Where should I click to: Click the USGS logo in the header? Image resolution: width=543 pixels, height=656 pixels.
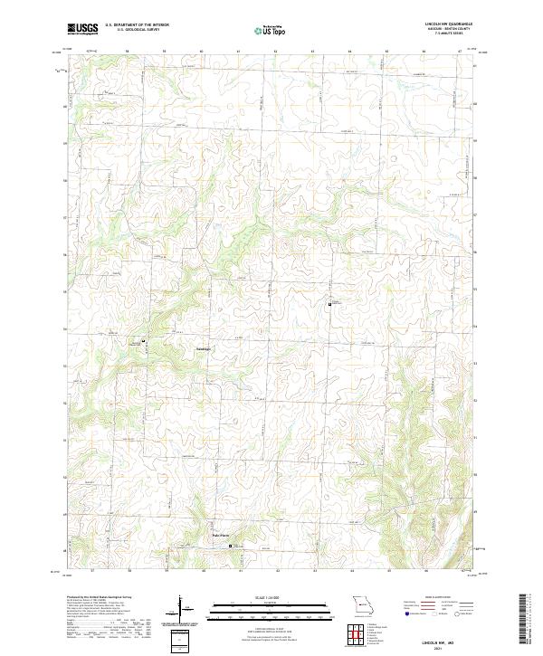click(x=82, y=30)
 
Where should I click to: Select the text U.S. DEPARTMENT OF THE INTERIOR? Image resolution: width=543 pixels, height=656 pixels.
click(x=136, y=26)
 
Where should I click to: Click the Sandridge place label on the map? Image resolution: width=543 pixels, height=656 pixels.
click(x=205, y=348)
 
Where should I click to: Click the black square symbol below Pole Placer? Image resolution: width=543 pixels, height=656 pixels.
click(x=230, y=547)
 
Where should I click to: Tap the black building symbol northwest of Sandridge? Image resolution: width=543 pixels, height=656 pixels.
click(x=143, y=340)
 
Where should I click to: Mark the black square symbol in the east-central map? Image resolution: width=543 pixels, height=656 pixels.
click(x=329, y=305)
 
